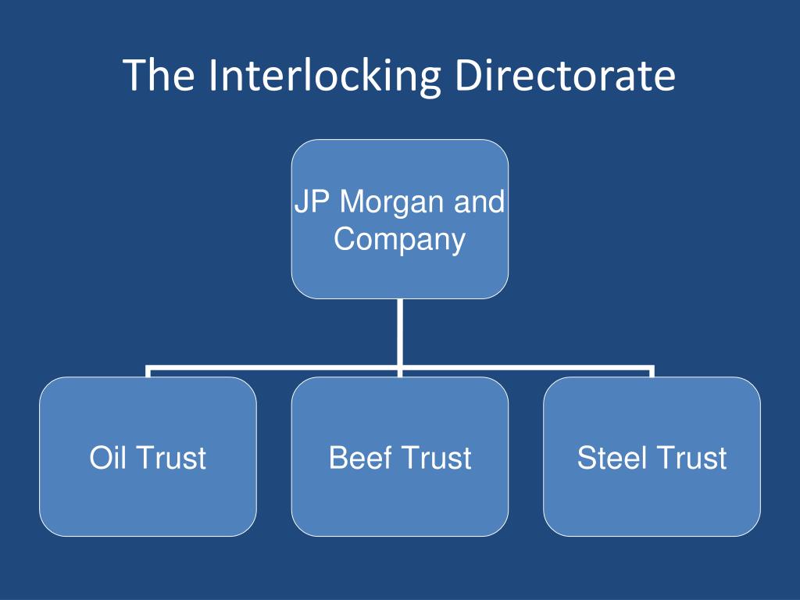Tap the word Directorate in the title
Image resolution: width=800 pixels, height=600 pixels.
pos(565,77)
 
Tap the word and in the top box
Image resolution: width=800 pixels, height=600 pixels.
pos(480,202)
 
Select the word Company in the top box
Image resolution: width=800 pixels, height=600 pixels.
pos(400,238)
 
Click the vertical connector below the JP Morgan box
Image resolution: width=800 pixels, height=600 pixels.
pos(400,332)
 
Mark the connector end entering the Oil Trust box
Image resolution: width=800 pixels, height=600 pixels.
pos(148,372)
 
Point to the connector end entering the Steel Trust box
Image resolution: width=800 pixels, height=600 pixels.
pos(652,372)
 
